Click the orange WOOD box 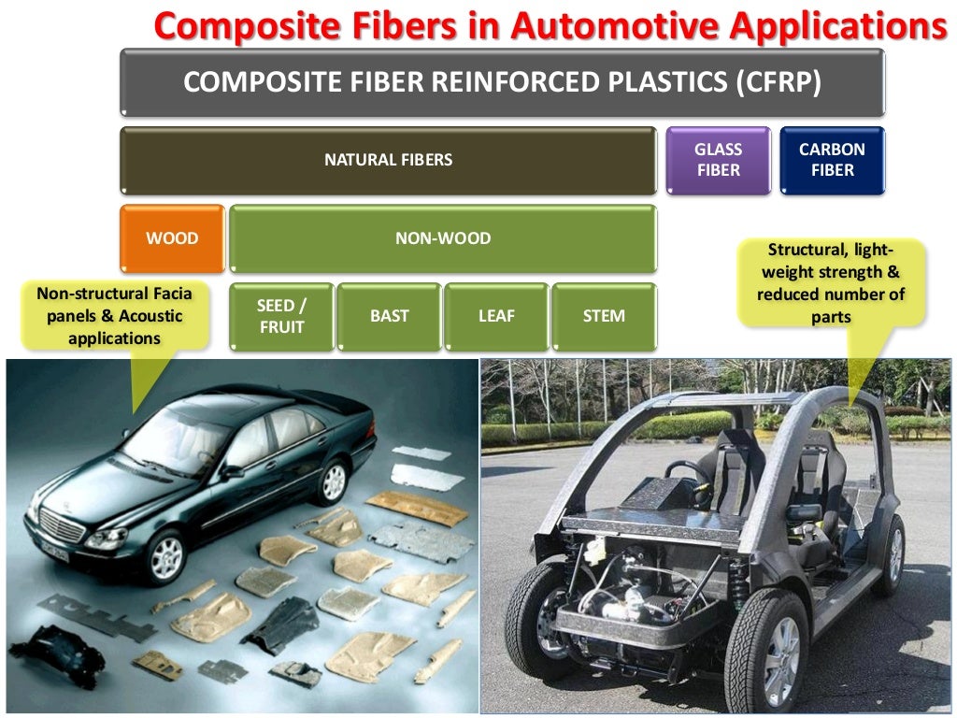tap(172, 238)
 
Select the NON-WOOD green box tap(442, 238)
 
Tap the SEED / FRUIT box tap(281, 316)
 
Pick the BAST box tap(389, 316)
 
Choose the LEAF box tap(496, 316)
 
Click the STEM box tap(604, 316)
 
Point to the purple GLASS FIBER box tap(718, 160)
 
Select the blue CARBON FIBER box tap(832, 160)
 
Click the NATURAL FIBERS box tap(388, 160)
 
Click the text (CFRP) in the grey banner tap(778, 82)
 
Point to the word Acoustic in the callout tap(150, 316)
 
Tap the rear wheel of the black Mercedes tap(332, 482)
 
